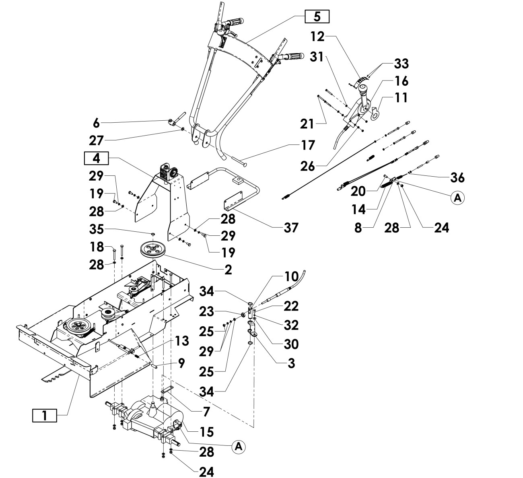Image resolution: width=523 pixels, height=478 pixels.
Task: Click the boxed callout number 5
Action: [317, 16]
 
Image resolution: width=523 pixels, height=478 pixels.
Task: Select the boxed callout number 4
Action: [96, 158]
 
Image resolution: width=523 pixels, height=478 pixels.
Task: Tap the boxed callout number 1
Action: [44, 415]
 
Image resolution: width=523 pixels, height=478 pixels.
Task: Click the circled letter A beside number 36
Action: [457, 198]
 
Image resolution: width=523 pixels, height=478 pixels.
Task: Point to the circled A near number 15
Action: [238, 447]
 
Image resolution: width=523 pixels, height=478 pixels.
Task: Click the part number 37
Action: [291, 227]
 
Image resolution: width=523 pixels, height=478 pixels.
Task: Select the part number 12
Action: [317, 36]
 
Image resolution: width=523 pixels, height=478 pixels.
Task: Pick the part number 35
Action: [97, 229]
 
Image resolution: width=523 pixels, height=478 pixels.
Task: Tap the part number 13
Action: [182, 341]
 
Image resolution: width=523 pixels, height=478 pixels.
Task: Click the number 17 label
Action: [308, 145]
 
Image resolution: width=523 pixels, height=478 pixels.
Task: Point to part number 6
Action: [96, 123]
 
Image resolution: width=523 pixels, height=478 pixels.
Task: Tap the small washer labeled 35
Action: [153, 234]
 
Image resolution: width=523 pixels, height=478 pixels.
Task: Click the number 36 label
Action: [457, 177]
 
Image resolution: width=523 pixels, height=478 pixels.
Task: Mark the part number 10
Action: [291, 276]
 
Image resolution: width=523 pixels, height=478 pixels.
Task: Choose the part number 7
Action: [206, 412]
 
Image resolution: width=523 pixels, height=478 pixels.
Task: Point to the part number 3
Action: [291, 363]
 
